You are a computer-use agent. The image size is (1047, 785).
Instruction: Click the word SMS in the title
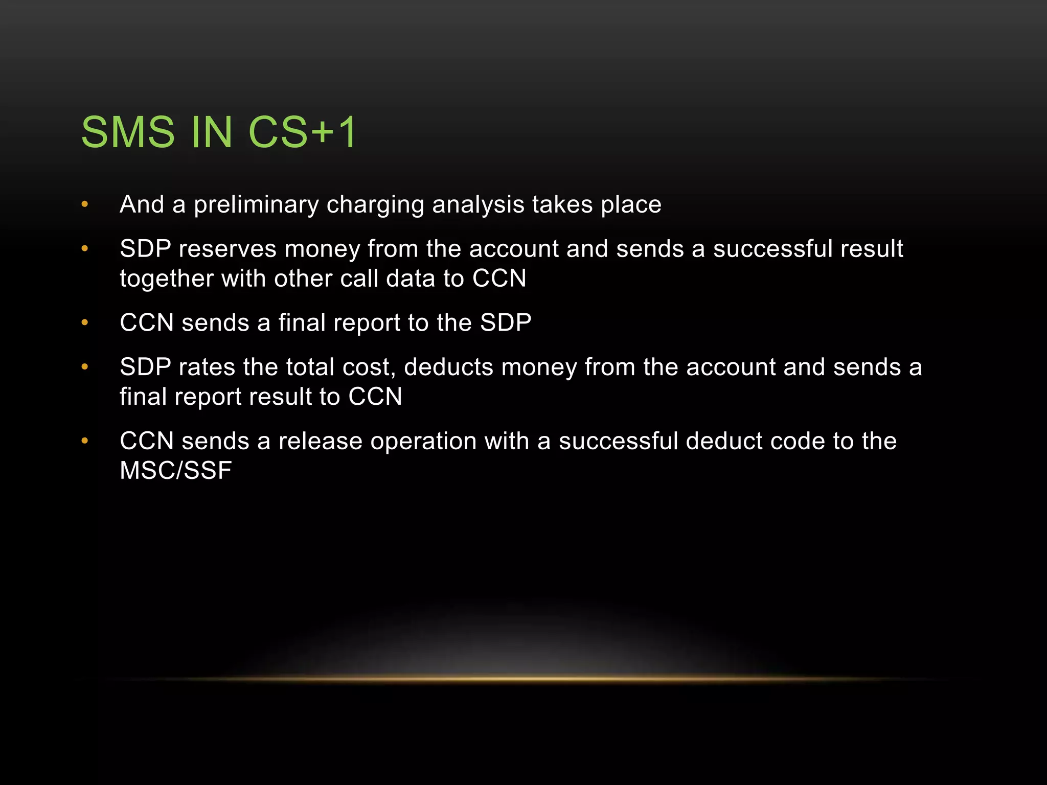coord(128,132)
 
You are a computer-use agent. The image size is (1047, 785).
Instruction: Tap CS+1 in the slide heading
coord(302,132)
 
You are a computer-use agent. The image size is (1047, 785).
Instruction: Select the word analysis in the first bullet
coord(478,204)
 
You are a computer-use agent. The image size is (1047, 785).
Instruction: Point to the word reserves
coord(227,249)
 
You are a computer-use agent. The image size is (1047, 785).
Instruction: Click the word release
coord(320,441)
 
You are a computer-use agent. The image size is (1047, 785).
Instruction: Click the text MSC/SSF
coord(175,471)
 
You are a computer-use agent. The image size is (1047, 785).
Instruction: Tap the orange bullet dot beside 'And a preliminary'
coord(85,205)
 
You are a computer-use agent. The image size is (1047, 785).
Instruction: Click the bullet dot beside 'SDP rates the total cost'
coord(85,367)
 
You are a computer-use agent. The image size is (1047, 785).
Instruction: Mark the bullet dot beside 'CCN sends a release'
coord(85,441)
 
